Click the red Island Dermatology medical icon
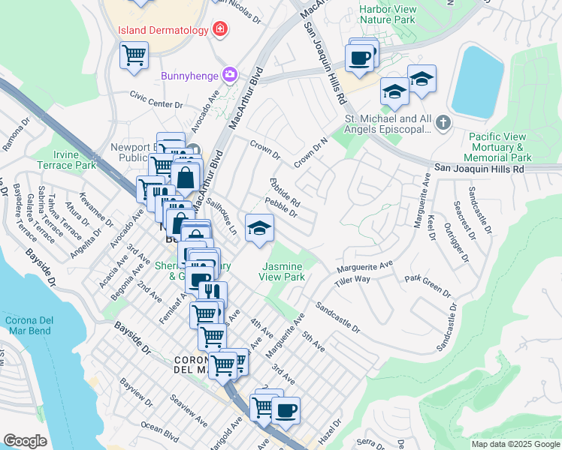pos(220,30)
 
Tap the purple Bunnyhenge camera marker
pos(229,75)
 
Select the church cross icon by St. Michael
pos(444,122)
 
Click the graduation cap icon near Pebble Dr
pos(259,229)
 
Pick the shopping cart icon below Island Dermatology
pos(134,54)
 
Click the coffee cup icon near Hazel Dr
pos(286,410)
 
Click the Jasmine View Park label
pos(283,271)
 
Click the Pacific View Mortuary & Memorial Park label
pos(500,147)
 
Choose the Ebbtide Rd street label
pos(285,192)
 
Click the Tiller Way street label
pos(352,279)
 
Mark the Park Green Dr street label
pos(427,283)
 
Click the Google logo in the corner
pos(25,441)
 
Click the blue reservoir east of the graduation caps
pos(476,78)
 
